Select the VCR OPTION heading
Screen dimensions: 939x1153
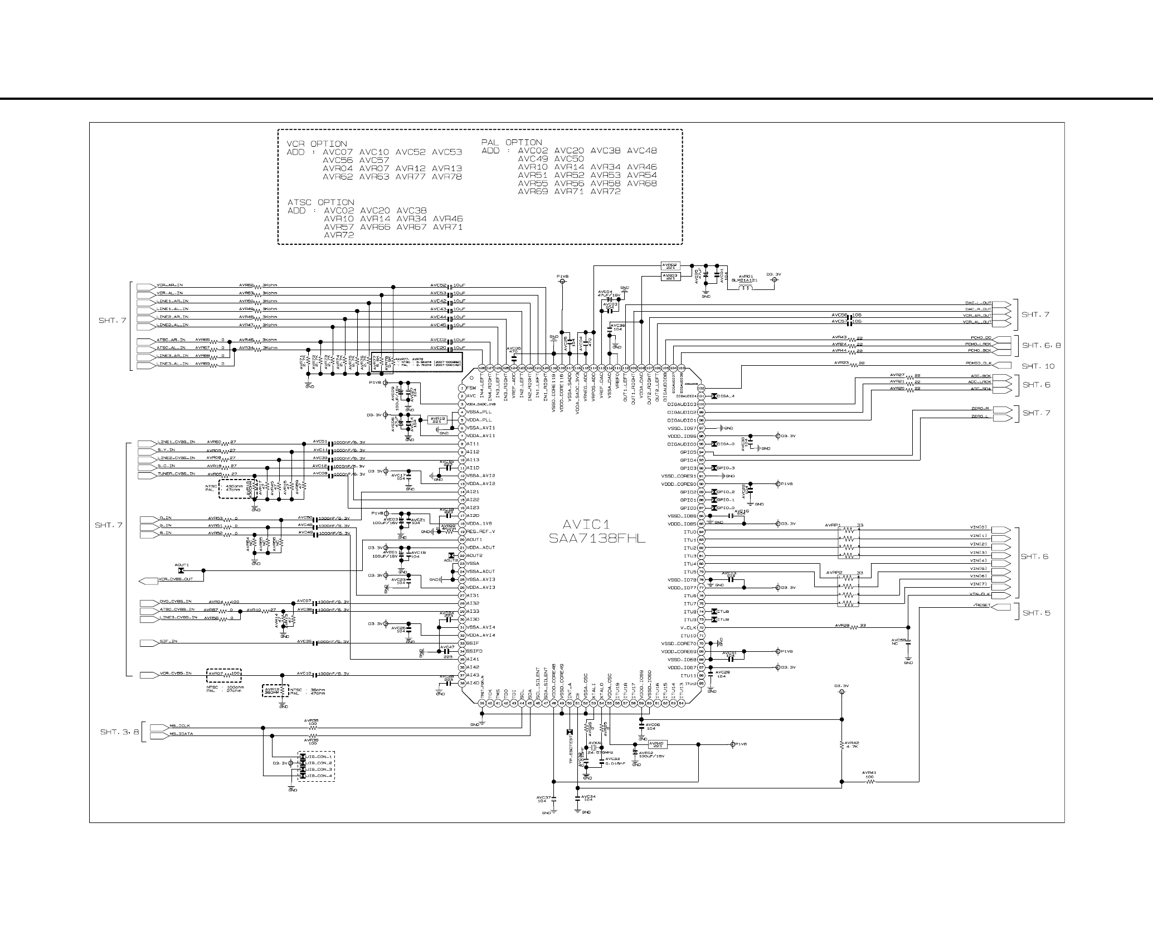pyautogui.click(x=317, y=144)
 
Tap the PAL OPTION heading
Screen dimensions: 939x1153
pyautogui.click(x=512, y=142)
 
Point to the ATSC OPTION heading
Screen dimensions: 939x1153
pyautogui.click(x=320, y=202)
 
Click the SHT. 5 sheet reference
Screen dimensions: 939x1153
pyautogui.click(x=1035, y=613)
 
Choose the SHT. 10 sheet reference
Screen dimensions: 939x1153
pyautogui.click(x=1038, y=366)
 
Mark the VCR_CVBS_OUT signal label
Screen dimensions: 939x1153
pyautogui.click(x=176, y=579)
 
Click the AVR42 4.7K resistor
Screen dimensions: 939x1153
pyautogui.click(x=842, y=745)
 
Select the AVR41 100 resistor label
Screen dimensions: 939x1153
pyautogui.click(x=869, y=775)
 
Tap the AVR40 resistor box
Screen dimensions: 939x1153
pyautogui.click(x=658, y=744)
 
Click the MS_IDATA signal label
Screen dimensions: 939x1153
pyautogui.click(x=181, y=734)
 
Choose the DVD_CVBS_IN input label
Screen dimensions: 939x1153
pyautogui.click(x=175, y=602)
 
